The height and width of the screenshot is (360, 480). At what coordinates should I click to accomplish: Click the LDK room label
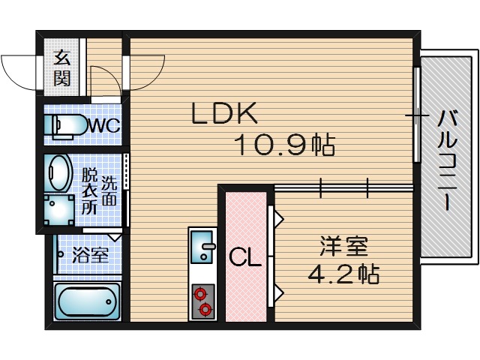[x=225, y=114]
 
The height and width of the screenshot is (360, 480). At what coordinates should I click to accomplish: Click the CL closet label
[x=244, y=259]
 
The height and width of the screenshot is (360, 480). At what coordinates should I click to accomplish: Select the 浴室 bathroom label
[x=90, y=254]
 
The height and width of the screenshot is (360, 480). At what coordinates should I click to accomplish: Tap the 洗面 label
[x=109, y=190]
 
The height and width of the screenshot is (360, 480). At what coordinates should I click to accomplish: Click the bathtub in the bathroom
[x=88, y=302]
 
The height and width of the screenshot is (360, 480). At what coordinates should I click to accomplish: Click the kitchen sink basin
[x=202, y=246]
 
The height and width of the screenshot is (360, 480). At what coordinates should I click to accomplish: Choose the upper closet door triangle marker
[x=277, y=218]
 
